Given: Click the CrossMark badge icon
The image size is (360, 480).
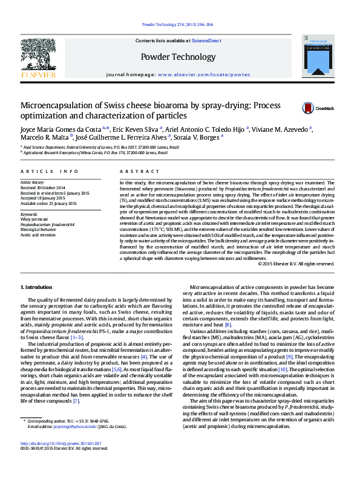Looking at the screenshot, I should [308, 108].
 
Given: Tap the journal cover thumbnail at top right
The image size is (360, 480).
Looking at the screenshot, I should [318, 57].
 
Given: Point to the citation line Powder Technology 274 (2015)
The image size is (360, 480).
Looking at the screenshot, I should [177, 24].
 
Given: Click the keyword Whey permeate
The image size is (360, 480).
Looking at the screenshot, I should [33, 219].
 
